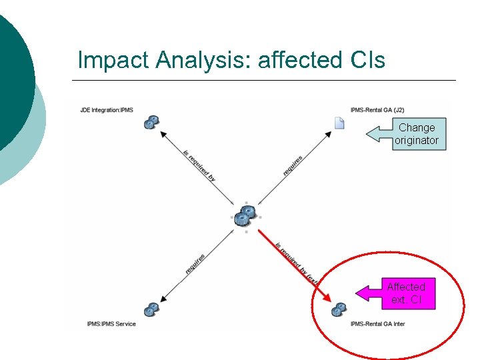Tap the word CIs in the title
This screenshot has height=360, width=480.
tap(367, 60)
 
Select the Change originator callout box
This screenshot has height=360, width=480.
tap(416, 134)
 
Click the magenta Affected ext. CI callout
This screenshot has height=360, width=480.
tap(406, 293)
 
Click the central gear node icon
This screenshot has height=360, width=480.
tap(245, 215)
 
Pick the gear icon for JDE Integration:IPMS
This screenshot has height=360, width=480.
tap(152, 122)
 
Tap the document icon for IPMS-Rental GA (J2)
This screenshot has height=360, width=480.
tap(339, 122)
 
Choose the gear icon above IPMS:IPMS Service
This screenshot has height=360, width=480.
tap(152, 309)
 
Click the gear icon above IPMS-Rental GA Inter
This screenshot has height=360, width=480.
tap(339, 309)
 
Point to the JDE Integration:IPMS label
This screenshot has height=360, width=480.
tap(107, 109)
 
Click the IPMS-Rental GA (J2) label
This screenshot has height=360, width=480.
tap(377, 109)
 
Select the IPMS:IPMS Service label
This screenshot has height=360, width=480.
tap(111, 324)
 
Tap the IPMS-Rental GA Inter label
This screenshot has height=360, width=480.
tap(377, 324)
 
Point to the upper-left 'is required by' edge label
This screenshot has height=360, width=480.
tap(199, 165)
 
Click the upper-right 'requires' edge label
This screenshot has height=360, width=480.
tap(293, 165)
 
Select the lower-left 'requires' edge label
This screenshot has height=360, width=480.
tap(195, 263)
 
